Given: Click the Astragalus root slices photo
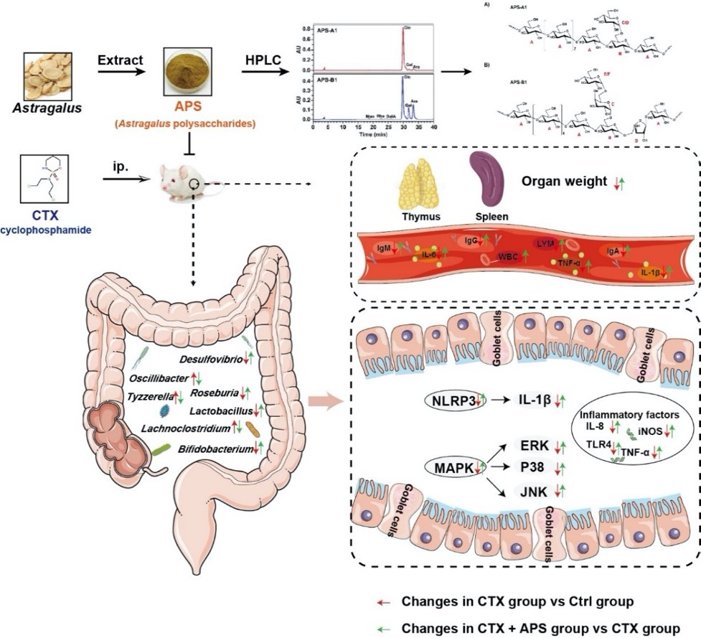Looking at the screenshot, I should point(48,75).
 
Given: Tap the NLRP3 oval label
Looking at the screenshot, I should point(455,400).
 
